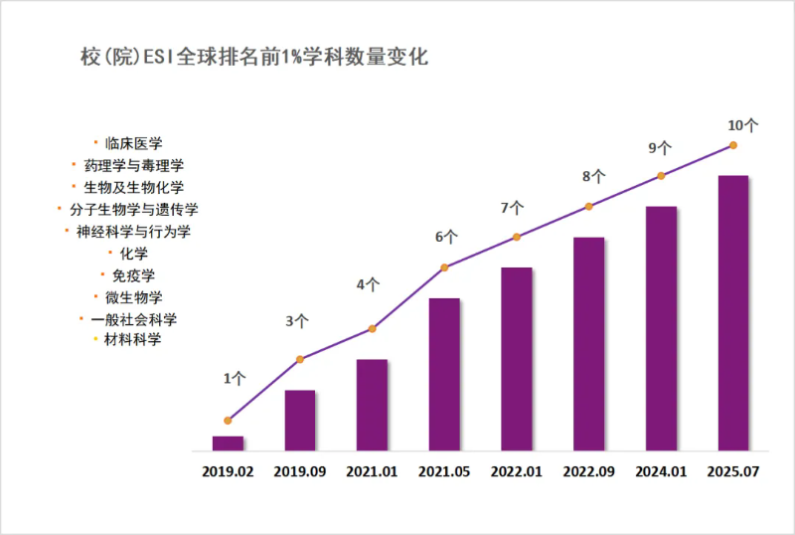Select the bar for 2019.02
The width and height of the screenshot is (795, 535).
(x=228, y=444)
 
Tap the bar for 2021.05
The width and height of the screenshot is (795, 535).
(x=444, y=374)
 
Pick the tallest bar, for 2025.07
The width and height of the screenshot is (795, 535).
(x=732, y=312)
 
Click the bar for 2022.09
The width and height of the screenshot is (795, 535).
(x=588, y=343)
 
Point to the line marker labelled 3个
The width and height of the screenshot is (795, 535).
(x=300, y=359)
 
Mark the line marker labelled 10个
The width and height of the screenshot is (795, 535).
(x=733, y=145)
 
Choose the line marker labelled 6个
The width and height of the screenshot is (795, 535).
(x=444, y=267)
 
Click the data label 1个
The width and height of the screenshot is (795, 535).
(x=235, y=378)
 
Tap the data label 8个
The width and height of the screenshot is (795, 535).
(x=593, y=177)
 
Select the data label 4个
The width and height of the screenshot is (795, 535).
(x=368, y=284)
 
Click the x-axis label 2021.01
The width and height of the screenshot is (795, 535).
(x=372, y=472)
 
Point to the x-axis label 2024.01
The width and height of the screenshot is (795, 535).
(x=661, y=472)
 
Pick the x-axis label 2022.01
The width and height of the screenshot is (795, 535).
(x=517, y=472)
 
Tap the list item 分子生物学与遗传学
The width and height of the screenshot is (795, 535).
(x=133, y=209)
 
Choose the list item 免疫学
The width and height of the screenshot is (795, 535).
(x=133, y=274)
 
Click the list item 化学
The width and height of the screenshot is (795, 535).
(x=133, y=254)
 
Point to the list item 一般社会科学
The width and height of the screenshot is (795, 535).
(x=133, y=319)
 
